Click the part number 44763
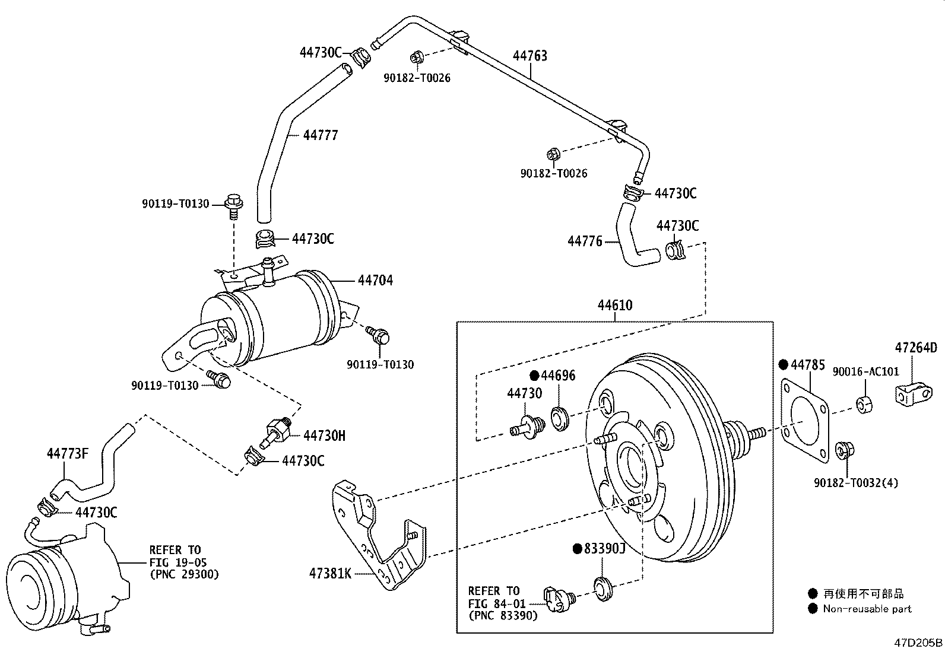click(x=530, y=56)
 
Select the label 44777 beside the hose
click(x=321, y=135)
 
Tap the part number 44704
click(x=376, y=280)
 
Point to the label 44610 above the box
click(x=615, y=305)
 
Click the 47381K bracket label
click(x=330, y=573)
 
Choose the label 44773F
click(x=68, y=453)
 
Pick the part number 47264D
click(x=916, y=348)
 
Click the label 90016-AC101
click(x=865, y=371)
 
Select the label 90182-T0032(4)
click(x=856, y=482)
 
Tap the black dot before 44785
click(x=783, y=365)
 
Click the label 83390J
click(x=604, y=548)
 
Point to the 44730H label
click(x=325, y=435)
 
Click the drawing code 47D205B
click(x=918, y=643)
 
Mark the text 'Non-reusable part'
click(x=867, y=609)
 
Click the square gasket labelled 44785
click(x=805, y=421)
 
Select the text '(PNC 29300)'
click(x=185, y=574)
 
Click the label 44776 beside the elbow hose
click(x=585, y=241)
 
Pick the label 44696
click(x=558, y=376)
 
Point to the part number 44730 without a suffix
click(x=524, y=393)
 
